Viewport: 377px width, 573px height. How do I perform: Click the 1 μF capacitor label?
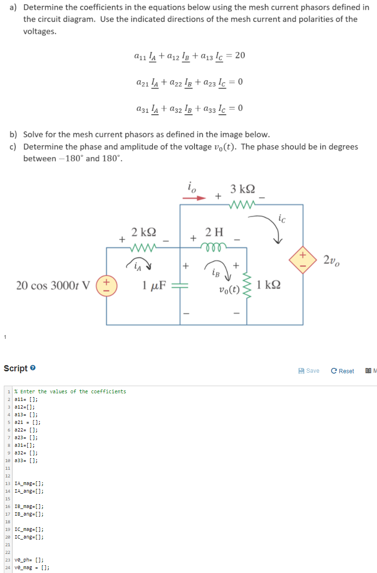point(153,286)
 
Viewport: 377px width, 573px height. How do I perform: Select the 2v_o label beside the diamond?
point(331,260)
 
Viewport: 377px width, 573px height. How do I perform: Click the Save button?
point(309,371)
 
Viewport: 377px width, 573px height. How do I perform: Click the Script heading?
point(15,368)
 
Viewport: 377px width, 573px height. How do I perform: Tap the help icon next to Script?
point(33,368)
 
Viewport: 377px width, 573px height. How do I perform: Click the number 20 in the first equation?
point(240,55)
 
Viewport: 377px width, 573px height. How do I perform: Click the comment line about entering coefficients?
point(70,391)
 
